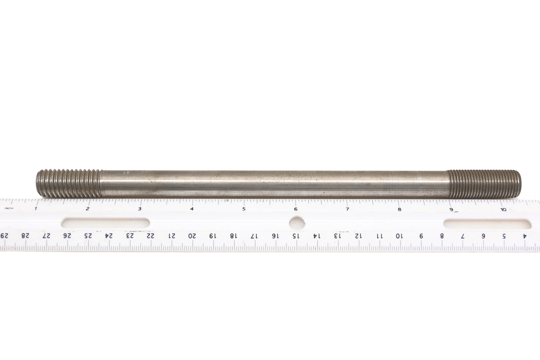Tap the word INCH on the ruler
pos(9,208)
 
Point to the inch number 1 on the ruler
pos(36,208)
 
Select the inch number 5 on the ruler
pos(244,209)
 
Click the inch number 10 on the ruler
pos(503,210)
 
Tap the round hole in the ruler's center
pos(297,223)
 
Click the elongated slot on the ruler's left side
pos(105,223)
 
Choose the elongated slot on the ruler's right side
pos(487,224)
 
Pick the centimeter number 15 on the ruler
pos(295,236)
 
